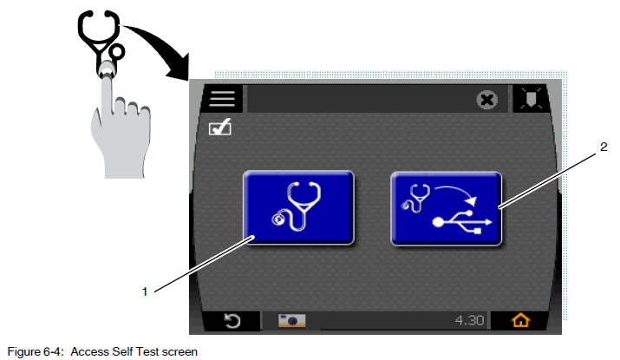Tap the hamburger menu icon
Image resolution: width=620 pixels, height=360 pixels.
click(222, 98)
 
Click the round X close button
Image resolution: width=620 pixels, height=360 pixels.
click(486, 100)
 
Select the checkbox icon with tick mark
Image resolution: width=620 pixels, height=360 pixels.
click(220, 128)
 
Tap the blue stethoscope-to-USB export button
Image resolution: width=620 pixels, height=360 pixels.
click(446, 208)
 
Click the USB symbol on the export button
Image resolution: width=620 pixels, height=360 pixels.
click(462, 222)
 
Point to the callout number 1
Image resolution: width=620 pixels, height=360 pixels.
click(145, 292)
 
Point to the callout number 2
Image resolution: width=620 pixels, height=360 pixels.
click(604, 147)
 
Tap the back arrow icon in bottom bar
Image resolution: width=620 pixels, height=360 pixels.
click(232, 320)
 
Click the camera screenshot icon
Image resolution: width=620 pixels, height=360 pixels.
click(292, 320)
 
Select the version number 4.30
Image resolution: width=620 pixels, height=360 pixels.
click(469, 320)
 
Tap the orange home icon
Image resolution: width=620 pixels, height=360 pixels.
click(520, 320)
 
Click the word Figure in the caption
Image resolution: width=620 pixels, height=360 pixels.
click(23, 351)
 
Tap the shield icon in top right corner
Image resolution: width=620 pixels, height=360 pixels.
click(531, 98)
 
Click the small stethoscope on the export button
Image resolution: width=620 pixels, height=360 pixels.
click(416, 198)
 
